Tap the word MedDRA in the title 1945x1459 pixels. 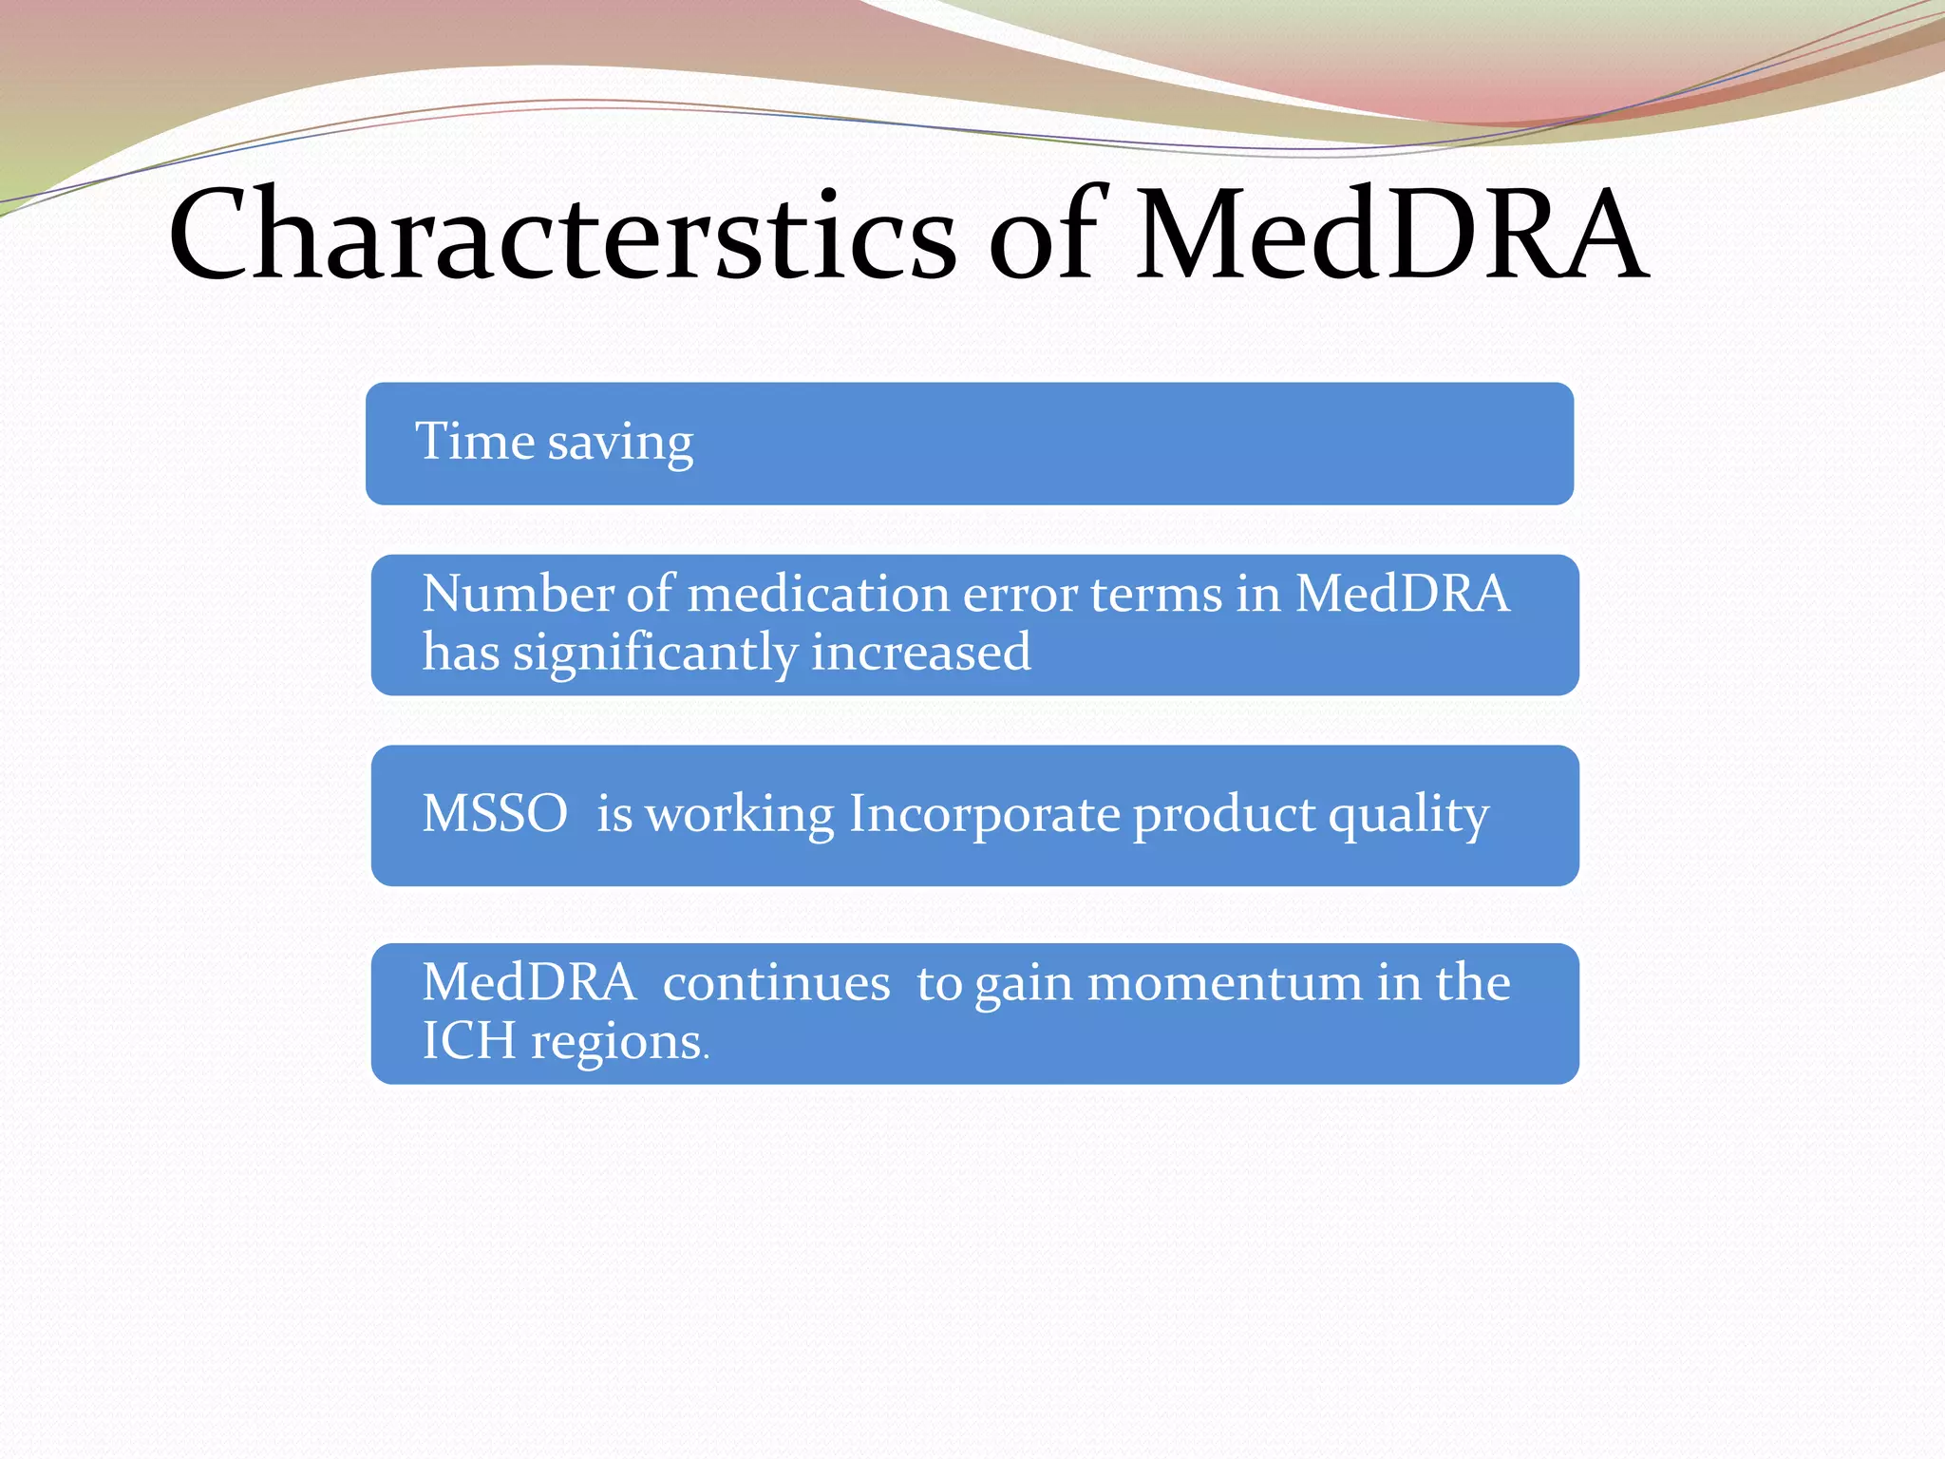(x=1390, y=235)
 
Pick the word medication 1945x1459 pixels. (x=818, y=594)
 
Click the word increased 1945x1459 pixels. (x=920, y=653)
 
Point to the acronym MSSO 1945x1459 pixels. (x=495, y=814)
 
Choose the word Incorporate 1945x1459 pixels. (x=983, y=815)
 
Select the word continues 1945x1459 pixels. (x=776, y=982)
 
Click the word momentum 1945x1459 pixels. (x=1223, y=982)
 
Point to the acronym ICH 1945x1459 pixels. (x=468, y=1041)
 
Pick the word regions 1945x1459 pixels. (x=616, y=1043)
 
